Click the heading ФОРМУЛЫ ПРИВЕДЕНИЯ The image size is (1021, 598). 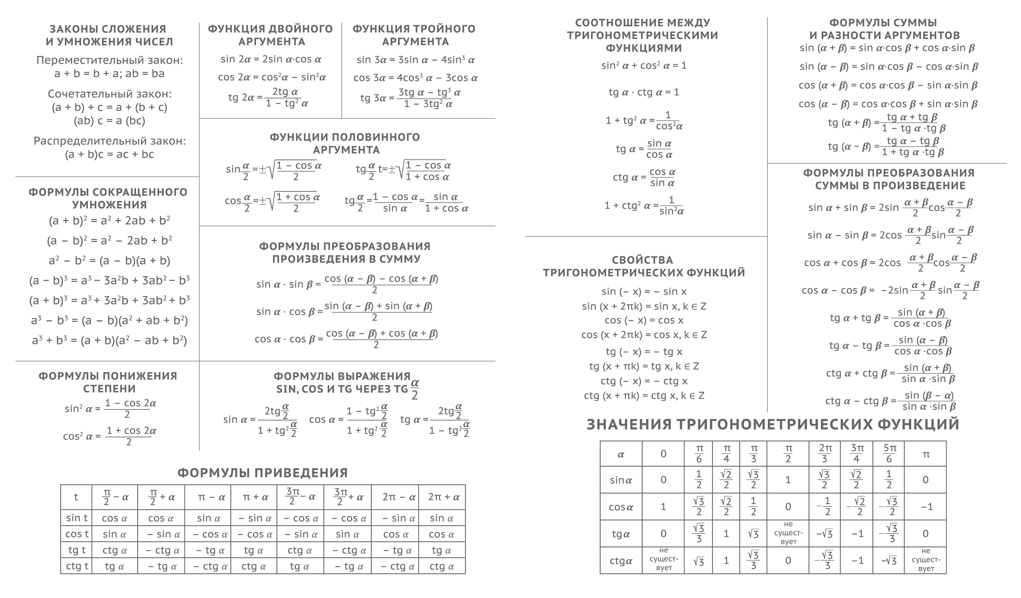pyautogui.click(x=262, y=473)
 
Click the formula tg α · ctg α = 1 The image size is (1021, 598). pyautogui.click(x=644, y=92)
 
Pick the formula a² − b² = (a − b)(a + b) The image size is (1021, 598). pyautogui.click(x=109, y=260)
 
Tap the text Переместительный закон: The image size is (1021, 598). pyautogui.click(x=109, y=60)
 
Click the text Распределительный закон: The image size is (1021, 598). pyautogui.click(x=109, y=141)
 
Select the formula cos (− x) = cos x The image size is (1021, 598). pyautogui.click(x=644, y=320)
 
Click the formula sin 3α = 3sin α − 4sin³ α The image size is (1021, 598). pyautogui.click(x=415, y=60)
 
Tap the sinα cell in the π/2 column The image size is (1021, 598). pyautogui.click(x=788, y=480)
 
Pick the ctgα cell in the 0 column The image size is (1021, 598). pyautogui.click(x=663, y=560)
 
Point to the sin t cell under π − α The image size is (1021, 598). pyautogui.click(x=208, y=518)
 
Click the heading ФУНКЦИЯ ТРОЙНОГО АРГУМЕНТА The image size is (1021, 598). pyautogui.click(x=414, y=35)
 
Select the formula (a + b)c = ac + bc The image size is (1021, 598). pyautogui.click(x=109, y=154)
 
